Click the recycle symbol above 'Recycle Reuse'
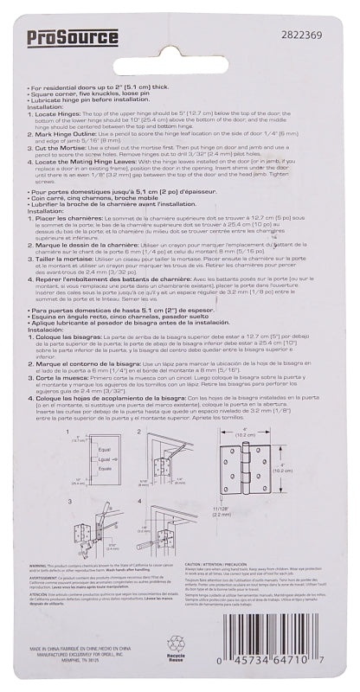click(x=177, y=644)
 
